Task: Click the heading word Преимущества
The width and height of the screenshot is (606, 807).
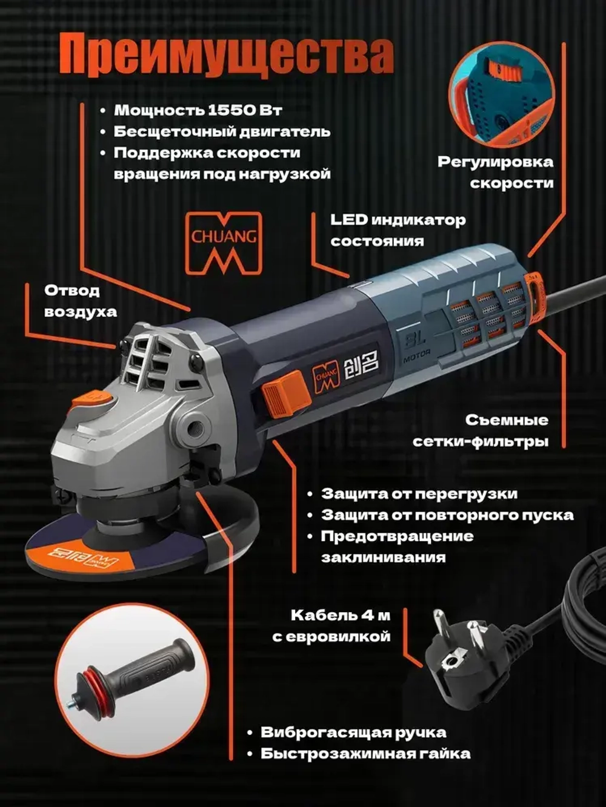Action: [225, 56]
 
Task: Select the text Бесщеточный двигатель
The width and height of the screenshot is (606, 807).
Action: [222, 132]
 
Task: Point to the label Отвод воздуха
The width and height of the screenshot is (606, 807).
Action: [80, 301]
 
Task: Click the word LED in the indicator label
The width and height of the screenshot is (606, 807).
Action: [348, 220]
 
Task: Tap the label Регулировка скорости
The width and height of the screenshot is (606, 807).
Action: [496, 172]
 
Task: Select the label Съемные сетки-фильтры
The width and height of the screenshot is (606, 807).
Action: [481, 430]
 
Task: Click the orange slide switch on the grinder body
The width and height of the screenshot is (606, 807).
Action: [285, 393]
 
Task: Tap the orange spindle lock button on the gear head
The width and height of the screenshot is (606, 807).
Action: [92, 401]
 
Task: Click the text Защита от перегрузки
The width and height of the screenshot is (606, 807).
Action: [419, 494]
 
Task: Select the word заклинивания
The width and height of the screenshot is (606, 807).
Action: [383, 558]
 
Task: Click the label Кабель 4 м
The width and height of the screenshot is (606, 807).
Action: [340, 616]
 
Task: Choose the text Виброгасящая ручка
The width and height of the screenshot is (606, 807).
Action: [353, 733]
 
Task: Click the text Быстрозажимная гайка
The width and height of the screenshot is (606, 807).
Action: [365, 754]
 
